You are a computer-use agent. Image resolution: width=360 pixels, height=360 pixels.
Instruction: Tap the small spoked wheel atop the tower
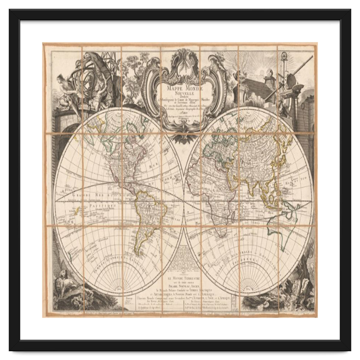284,55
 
